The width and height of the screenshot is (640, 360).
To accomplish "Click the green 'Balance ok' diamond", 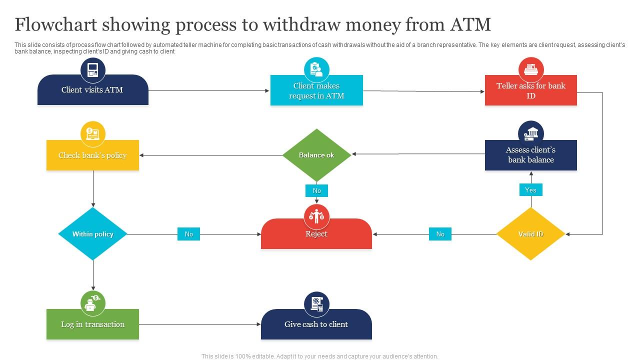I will click(x=316, y=155).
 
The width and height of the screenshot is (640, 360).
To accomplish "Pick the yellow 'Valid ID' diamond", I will click(x=530, y=234).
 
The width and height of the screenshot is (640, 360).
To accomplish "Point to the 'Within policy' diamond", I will click(x=93, y=234).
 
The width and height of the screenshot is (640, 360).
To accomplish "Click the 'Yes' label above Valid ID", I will click(x=530, y=190).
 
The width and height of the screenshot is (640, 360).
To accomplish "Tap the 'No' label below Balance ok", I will click(x=316, y=190).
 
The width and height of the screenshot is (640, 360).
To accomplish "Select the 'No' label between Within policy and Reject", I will click(x=188, y=234).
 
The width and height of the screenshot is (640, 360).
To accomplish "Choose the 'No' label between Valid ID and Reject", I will click(x=440, y=234).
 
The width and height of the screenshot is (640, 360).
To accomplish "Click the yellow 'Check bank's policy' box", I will click(x=93, y=155).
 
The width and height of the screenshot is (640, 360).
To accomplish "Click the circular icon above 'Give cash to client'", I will click(x=316, y=304).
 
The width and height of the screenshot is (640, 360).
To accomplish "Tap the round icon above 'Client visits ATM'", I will click(x=93, y=70).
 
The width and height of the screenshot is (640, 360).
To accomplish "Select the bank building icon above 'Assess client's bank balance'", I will click(x=531, y=133).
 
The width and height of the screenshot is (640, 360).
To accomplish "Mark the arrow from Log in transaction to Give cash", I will click(x=200, y=324).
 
